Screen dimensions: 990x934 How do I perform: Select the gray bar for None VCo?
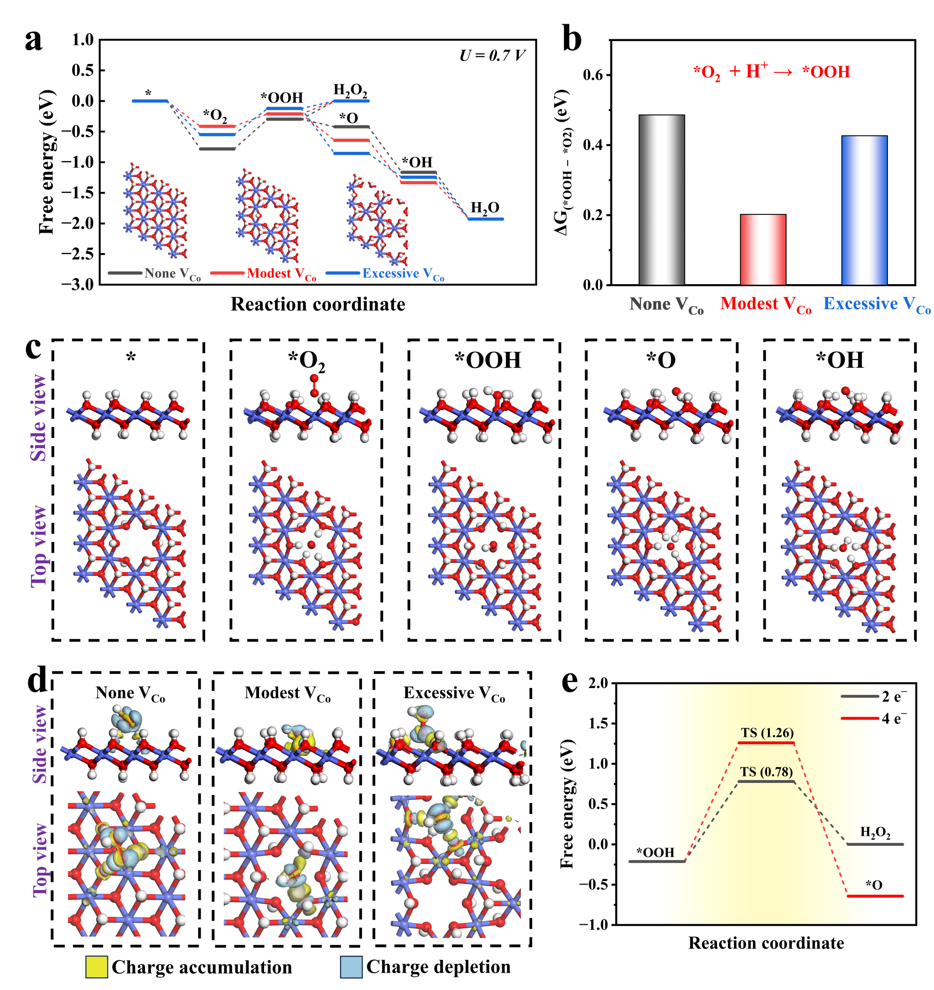tap(662, 200)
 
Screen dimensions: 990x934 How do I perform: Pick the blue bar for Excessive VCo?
tap(864, 210)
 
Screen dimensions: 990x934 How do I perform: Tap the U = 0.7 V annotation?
tap(492, 55)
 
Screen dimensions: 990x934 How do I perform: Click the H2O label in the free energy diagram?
tap(485, 208)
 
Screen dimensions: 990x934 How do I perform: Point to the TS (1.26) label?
tap(767, 733)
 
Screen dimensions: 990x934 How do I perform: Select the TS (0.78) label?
tap(766, 772)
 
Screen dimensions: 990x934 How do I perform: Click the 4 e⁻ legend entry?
tap(894, 719)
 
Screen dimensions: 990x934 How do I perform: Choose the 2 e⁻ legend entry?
tap(894, 697)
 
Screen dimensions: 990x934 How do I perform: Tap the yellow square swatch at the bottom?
tap(97, 967)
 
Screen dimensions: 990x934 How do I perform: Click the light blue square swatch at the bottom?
tap(351, 967)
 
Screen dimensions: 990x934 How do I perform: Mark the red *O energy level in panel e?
tap(875, 896)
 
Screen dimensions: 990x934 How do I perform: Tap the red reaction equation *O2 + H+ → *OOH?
tap(771, 72)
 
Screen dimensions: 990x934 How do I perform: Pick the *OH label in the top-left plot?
tap(417, 162)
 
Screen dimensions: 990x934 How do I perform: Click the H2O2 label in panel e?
tap(875, 832)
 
